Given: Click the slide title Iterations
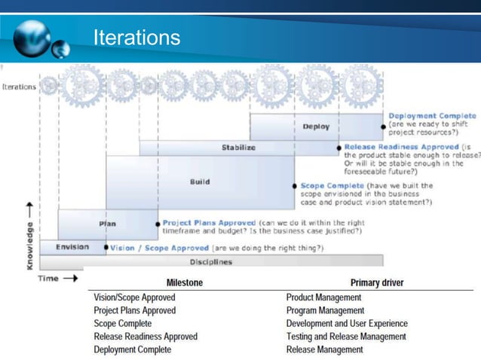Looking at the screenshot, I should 136,37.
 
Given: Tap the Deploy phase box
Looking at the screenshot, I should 316,127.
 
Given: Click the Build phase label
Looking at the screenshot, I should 199,182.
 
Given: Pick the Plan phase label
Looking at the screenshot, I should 107,223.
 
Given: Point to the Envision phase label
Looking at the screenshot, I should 73,246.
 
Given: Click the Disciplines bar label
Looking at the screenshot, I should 210,262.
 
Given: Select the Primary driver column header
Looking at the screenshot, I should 376,282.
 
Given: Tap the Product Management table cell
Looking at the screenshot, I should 324,297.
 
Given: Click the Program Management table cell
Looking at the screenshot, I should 324,310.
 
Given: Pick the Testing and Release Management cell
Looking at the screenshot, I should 346,337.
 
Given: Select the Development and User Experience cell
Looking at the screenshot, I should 347,323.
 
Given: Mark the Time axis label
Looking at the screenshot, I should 47,279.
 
